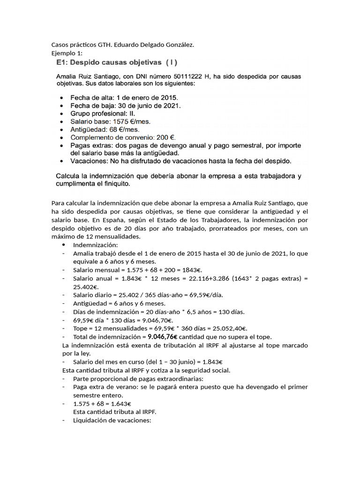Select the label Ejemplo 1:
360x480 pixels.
(67, 53)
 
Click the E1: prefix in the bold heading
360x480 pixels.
(62, 62)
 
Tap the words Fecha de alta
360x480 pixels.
(92, 97)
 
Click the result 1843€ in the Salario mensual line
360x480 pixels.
(192, 270)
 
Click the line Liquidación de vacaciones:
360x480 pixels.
(112, 420)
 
